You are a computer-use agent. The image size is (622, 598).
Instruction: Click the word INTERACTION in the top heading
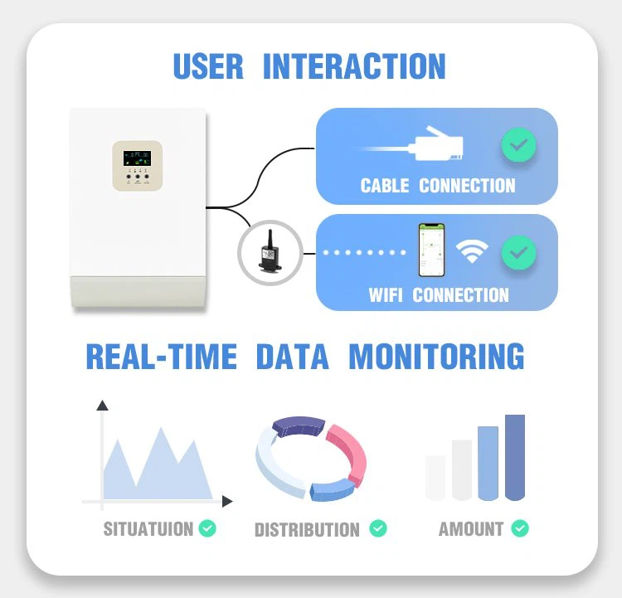354,66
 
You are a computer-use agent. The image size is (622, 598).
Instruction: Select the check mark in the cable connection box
518,147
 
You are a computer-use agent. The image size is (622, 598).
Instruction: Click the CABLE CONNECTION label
437,185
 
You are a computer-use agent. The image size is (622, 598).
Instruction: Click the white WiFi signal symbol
472,252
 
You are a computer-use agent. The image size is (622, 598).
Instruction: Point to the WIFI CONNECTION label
438,294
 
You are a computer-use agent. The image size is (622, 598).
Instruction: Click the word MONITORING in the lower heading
436,357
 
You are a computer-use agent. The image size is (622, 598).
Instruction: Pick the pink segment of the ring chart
349,452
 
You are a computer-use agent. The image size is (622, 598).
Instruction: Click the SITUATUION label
148,528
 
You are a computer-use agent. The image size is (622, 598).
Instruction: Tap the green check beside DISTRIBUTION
377,528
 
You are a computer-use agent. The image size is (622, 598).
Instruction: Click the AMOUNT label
470,528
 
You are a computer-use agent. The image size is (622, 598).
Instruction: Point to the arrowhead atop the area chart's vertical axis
102,406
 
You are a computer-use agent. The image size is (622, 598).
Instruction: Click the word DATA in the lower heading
292,357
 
